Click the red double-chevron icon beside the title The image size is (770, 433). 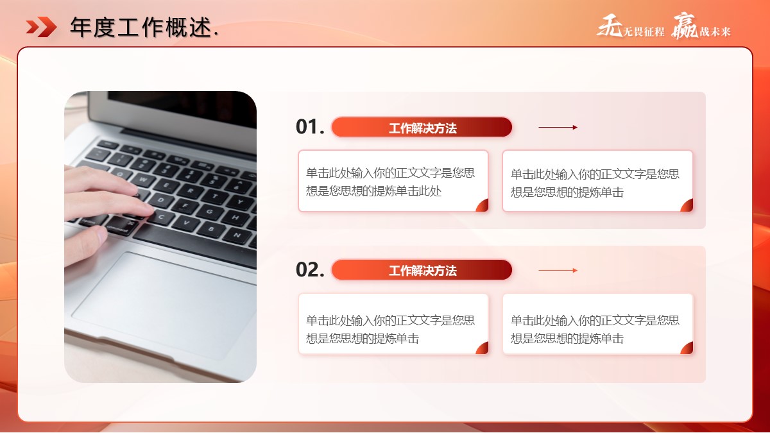tap(41, 27)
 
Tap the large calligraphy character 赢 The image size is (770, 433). tap(685, 26)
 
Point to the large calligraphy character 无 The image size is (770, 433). tap(610, 26)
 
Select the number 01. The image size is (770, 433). tap(310, 127)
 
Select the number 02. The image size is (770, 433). tap(310, 270)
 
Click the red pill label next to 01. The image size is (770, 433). tap(422, 127)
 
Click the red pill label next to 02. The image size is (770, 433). tap(422, 270)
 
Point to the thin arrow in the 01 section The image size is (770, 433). tap(558, 127)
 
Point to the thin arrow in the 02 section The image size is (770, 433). tap(558, 270)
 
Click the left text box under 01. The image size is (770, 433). tap(393, 181)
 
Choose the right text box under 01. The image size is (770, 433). tap(598, 181)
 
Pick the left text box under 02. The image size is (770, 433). tap(393, 324)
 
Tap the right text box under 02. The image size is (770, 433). tap(598, 324)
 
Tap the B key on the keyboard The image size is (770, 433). tap(210, 228)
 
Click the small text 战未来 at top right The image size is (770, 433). tap(715, 31)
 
